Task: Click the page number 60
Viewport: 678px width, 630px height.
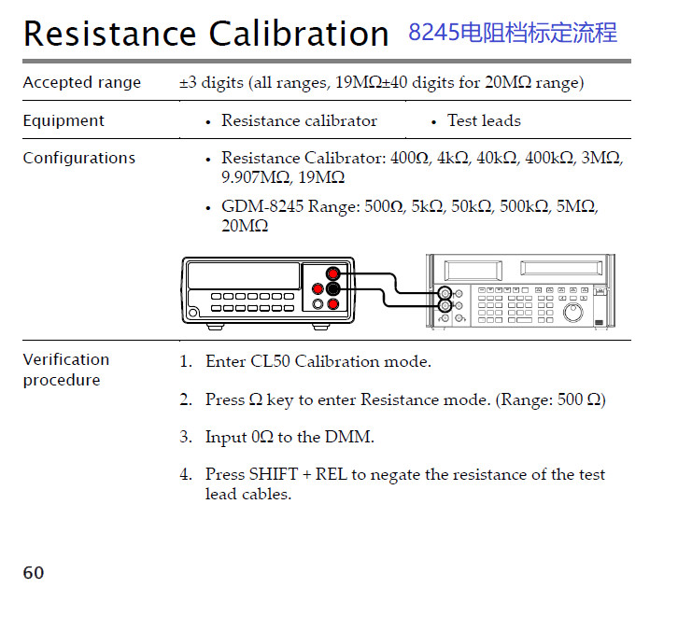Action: tap(34, 572)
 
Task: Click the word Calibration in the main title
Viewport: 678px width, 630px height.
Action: tap(299, 34)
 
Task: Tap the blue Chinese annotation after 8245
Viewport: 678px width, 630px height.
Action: tap(538, 33)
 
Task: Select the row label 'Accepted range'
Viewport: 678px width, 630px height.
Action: tap(82, 82)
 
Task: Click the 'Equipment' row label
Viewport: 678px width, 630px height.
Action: tap(64, 120)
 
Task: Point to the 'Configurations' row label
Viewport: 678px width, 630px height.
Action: tap(79, 158)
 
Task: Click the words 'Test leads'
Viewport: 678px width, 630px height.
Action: tap(484, 120)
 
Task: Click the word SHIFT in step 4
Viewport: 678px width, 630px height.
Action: tap(274, 474)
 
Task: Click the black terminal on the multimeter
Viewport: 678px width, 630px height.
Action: tap(333, 288)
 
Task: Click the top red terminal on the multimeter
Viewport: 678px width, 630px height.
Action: tap(333, 274)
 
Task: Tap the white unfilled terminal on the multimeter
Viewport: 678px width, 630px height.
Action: tap(318, 304)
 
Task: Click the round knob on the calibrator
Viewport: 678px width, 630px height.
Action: tap(572, 312)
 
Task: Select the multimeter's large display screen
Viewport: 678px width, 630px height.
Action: tap(244, 275)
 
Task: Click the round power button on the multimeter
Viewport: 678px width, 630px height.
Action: tap(193, 313)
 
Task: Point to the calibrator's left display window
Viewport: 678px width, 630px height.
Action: tap(473, 271)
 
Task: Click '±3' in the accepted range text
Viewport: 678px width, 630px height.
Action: tap(188, 82)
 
